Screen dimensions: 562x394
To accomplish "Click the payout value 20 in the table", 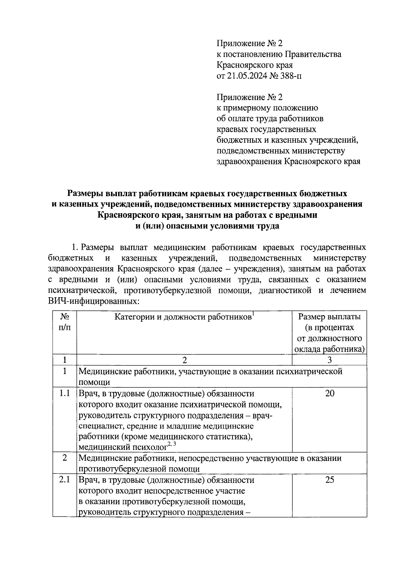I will (x=330, y=393).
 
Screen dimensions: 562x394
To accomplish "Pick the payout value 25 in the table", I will (x=330, y=480).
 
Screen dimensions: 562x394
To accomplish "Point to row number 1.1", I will (x=65, y=393).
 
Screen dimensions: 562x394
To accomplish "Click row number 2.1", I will (x=65, y=480).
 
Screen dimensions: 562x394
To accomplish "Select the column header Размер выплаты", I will (x=329, y=317).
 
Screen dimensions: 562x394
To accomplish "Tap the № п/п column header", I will (x=65, y=322).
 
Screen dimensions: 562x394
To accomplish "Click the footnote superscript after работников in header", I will (x=253, y=314).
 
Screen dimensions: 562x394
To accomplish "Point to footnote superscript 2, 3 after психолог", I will (x=172, y=444).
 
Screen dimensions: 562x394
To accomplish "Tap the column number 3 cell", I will (x=330, y=360).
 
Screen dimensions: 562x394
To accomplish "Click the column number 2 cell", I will (x=185, y=360).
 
